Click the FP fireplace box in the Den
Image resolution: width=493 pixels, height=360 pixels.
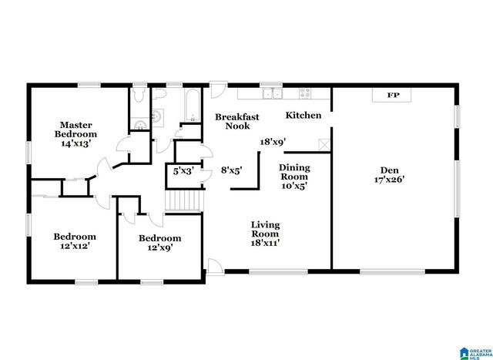coord(392,95)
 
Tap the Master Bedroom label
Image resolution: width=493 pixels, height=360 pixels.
coord(76,128)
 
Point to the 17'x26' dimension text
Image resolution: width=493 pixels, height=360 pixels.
coord(388,179)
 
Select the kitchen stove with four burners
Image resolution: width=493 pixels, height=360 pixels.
coord(304,94)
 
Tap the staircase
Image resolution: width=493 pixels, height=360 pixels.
coord(183,201)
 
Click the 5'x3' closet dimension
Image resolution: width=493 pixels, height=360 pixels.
coord(182,171)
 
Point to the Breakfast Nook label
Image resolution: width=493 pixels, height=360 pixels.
coord(236,121)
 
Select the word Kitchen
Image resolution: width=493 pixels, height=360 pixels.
coord(304,116)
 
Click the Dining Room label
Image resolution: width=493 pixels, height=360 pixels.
coord(294,172)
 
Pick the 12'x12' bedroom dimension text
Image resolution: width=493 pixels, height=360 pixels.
coord(75,247)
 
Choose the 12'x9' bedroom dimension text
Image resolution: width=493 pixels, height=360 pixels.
coord(159,248)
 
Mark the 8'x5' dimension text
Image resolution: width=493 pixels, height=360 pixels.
coord(231,171)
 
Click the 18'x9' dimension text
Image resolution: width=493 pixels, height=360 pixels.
coord(273,142)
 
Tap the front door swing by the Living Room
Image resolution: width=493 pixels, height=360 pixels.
coord(214,266)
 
